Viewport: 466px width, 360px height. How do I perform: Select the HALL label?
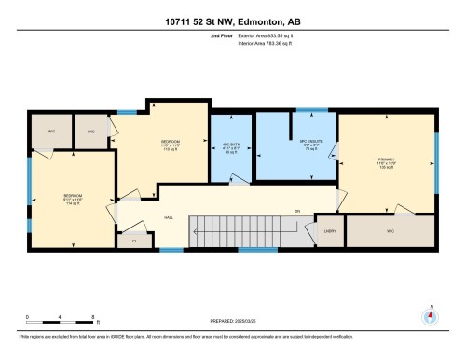(169, 217)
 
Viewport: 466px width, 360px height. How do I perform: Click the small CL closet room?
(135, 239)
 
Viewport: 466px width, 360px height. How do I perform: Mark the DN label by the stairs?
(297, 212)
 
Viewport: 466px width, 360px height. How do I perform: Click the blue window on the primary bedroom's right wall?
(435, 154)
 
